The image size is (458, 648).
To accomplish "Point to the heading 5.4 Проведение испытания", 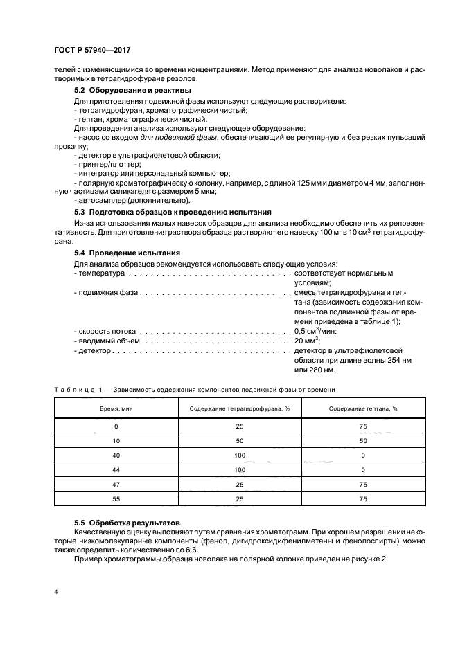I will (x=127, y=253).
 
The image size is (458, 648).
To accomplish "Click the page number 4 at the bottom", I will (x=56, y=593).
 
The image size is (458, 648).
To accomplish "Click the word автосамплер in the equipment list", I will (x=103, y=199).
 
